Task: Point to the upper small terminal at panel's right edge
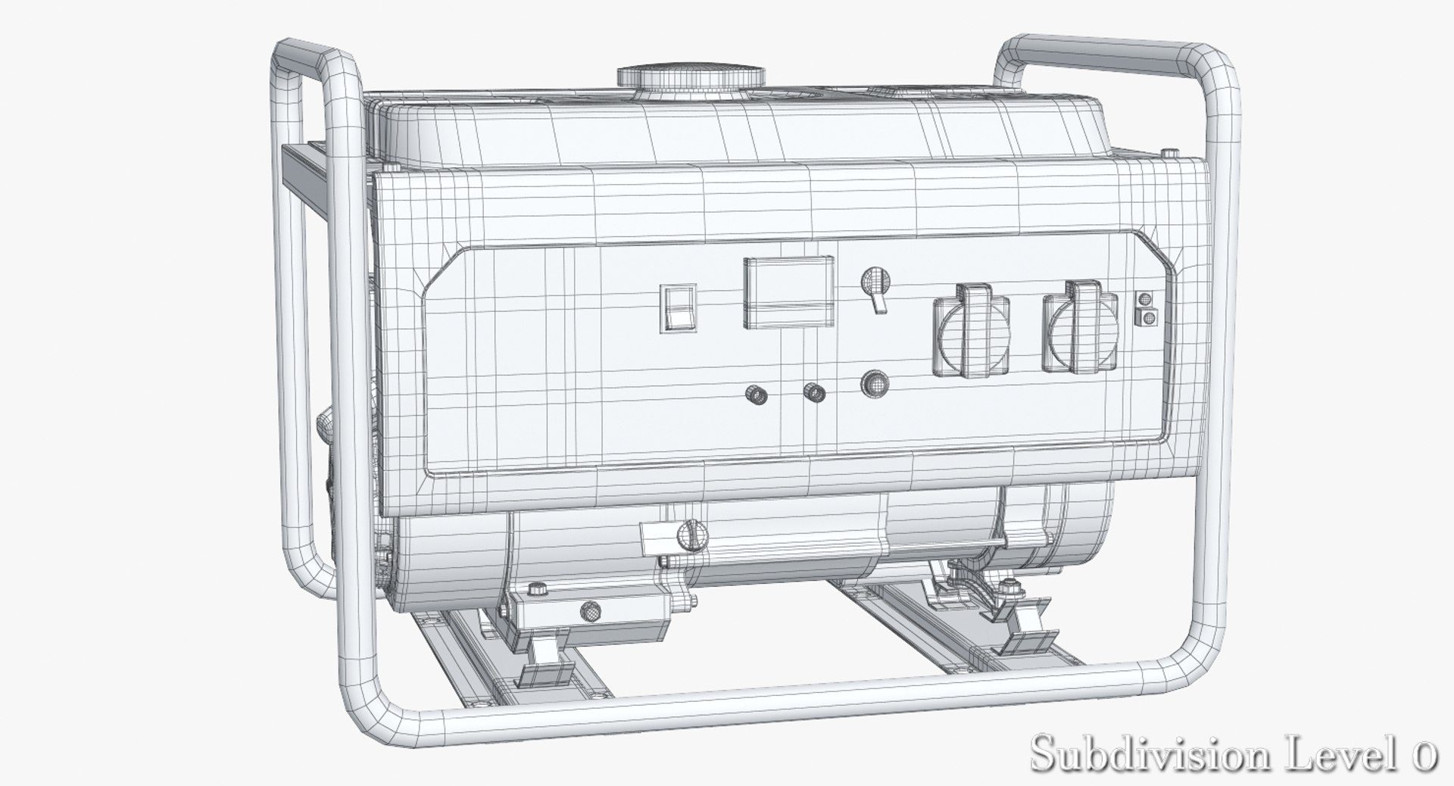[x=1146, y=299]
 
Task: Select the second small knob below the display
[x=814, y=392]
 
